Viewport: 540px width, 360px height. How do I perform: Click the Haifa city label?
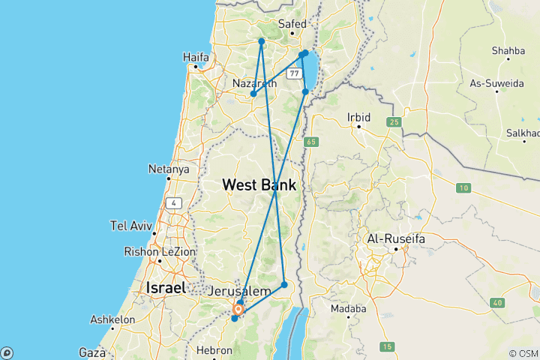pos(196,56)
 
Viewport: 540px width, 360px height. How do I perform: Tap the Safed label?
pos(292,24)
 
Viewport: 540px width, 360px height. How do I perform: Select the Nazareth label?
pos(254,82)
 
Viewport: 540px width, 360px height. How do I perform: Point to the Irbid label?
pos(359,117)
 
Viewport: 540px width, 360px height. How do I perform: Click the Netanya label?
pos(168,169)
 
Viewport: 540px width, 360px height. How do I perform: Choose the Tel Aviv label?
pos(131,225)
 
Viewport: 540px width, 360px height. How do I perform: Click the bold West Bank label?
pos(259,184)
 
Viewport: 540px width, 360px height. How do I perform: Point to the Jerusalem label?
pos(241,291)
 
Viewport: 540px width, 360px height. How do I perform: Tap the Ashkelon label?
pos(112,319)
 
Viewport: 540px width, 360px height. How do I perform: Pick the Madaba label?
pos(348,308)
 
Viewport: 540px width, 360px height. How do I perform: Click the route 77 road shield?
pos(293,73)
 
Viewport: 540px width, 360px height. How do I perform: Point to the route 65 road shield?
pos(311,141)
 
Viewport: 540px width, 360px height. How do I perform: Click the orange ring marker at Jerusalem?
pos(238,308)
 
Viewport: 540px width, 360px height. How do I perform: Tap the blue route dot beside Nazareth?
pos(253,94)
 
